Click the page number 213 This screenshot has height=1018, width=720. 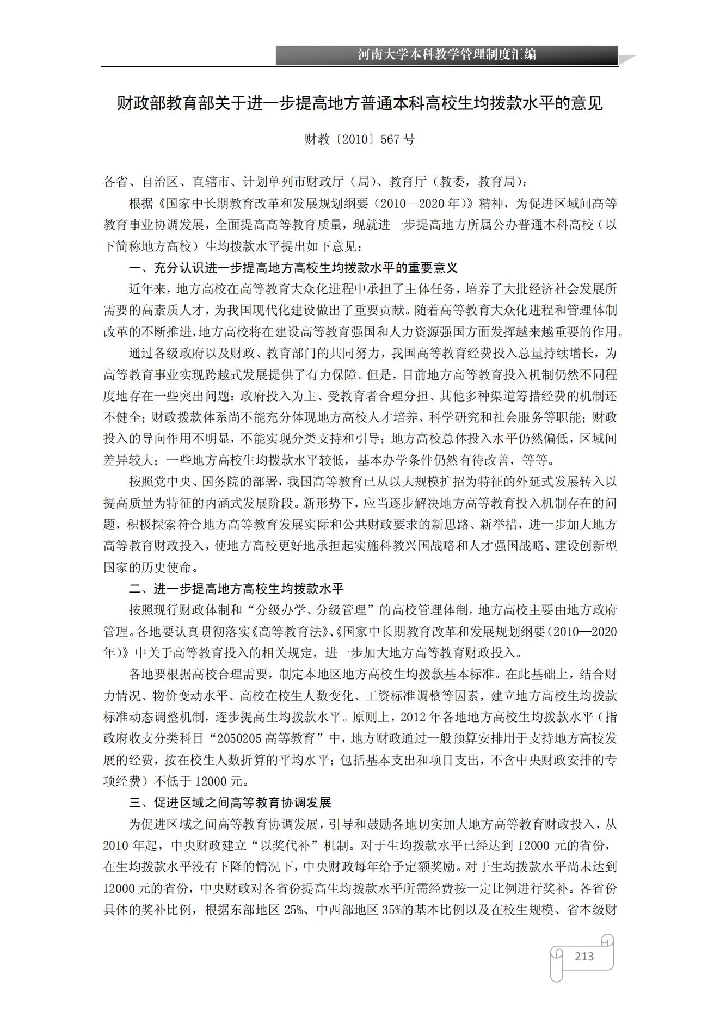point(584,956)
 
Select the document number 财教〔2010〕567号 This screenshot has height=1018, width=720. point(359,139)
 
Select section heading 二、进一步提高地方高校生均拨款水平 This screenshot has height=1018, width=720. point(236,589)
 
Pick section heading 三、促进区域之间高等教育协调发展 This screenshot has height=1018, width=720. point(230,803)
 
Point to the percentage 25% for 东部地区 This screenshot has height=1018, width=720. point(293,910)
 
